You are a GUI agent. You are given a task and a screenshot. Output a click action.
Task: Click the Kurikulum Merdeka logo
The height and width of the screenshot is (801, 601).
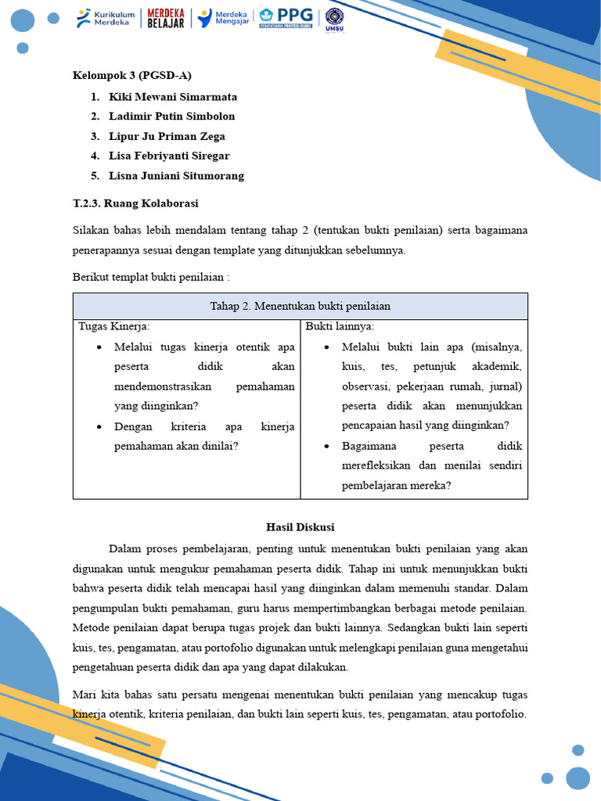(106, 19)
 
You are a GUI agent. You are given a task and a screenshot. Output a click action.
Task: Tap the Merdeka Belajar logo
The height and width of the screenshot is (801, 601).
(166, 19)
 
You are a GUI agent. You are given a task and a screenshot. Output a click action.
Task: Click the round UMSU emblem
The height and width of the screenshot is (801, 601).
(334, 20)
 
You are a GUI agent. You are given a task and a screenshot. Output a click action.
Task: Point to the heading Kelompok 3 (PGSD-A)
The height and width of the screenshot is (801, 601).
(131, 76)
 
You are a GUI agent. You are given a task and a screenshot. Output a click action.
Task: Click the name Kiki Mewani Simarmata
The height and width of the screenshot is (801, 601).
(172, 97)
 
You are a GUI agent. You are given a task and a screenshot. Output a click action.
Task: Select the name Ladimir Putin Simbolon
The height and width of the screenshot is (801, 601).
(171, 117)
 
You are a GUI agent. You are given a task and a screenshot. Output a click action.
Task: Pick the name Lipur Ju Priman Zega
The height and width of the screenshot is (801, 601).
(167, 136)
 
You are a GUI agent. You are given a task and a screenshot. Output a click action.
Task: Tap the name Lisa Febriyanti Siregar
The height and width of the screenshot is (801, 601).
(169, 156)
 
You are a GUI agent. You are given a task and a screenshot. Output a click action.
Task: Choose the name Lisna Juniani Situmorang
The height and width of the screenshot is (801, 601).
(176, 176)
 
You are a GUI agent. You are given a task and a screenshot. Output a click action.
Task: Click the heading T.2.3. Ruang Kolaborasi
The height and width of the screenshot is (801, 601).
(135, 203)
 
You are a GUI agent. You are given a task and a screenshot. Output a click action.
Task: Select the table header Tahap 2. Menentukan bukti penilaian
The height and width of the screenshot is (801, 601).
(300, 306)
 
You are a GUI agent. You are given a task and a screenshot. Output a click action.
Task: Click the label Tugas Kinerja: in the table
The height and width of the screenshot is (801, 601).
(114, 326)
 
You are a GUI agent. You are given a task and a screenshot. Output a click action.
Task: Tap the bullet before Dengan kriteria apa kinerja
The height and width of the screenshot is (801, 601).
(99, 427)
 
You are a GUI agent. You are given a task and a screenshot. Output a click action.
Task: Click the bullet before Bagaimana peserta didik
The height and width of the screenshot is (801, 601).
(326, 446)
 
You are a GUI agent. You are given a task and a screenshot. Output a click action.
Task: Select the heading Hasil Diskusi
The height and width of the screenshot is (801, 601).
(300, 527)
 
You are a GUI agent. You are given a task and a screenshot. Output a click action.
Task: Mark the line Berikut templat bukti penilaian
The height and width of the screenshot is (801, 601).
(151, 278)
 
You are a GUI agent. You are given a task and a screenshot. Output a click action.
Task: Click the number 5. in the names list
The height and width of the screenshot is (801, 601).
(95, 176)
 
